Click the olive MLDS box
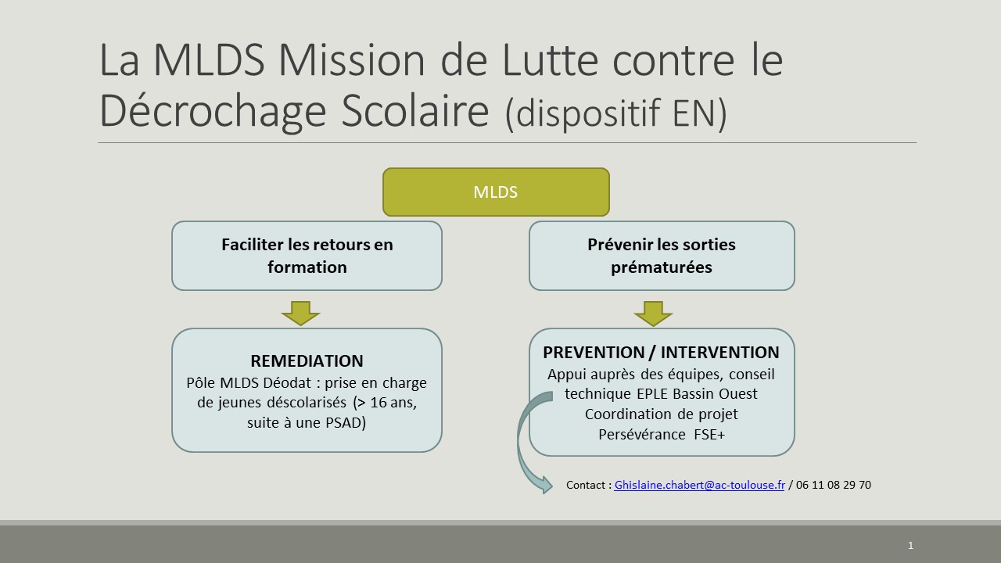pos(496,192)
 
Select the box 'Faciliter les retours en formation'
pos(307,256)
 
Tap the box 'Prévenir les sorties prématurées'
pos(662,256)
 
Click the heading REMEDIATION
pos(307,361)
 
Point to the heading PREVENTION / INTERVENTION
pos(662,353)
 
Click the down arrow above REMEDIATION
pos(301,314)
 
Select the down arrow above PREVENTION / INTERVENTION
pos(653,314)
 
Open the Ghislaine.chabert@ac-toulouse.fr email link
pos(699,485)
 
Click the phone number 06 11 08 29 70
pos(834,485)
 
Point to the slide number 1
pos(910,545)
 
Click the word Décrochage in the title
pos(213,111)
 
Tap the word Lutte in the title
pos(550,60)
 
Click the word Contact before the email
pos(586,485)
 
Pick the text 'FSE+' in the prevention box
pos(709,434)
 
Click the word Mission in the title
pos(351,60)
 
